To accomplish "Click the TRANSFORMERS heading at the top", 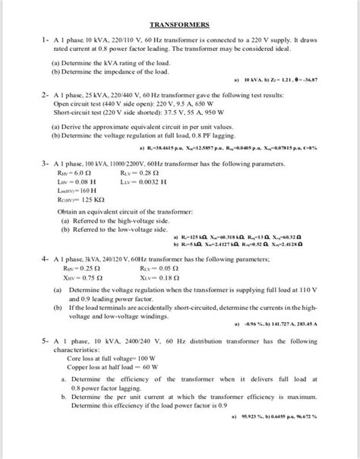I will pos(179,25).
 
